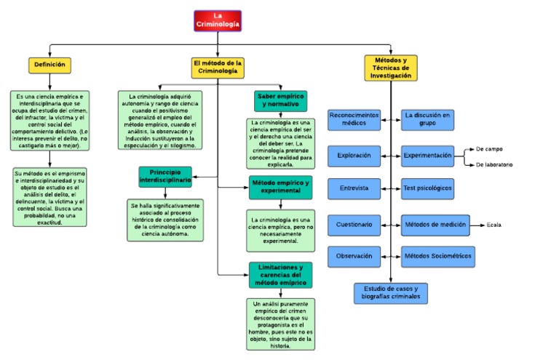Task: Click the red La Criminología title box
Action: tap(217, 20)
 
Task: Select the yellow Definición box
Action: tap(50, 65)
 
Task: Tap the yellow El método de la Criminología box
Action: tap(218, 68)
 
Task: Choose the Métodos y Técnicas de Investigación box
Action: tap(392, 67)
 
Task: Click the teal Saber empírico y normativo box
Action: tap(281, 100)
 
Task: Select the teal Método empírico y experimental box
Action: tap(280, 188)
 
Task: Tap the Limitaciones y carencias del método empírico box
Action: tap(280, 275)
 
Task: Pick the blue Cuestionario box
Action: tap(354, 225)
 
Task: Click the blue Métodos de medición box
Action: tap(435, 225)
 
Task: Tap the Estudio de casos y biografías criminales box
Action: tap(391, 293)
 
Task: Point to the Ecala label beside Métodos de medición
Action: tap(494, 225)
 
